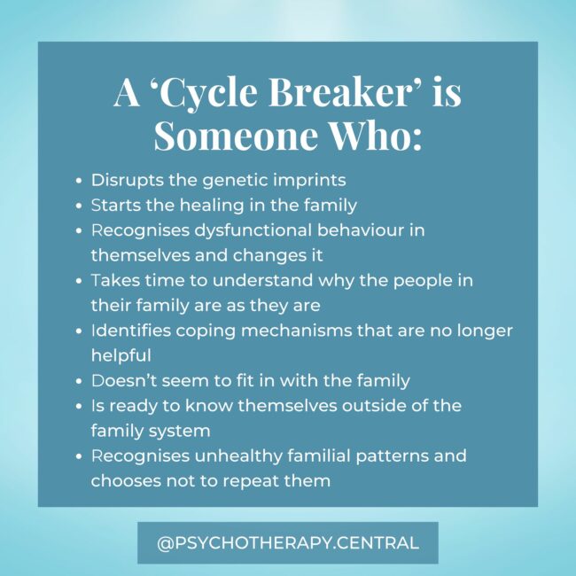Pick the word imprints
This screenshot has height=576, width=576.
[x=307, y=180]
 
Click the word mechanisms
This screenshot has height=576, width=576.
[x=292, y=331]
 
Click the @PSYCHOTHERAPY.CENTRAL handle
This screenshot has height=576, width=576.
[x=287, y=542]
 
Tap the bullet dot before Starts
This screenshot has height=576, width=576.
[x=80, y=206]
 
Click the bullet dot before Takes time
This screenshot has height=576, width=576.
[x=80, y=281]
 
